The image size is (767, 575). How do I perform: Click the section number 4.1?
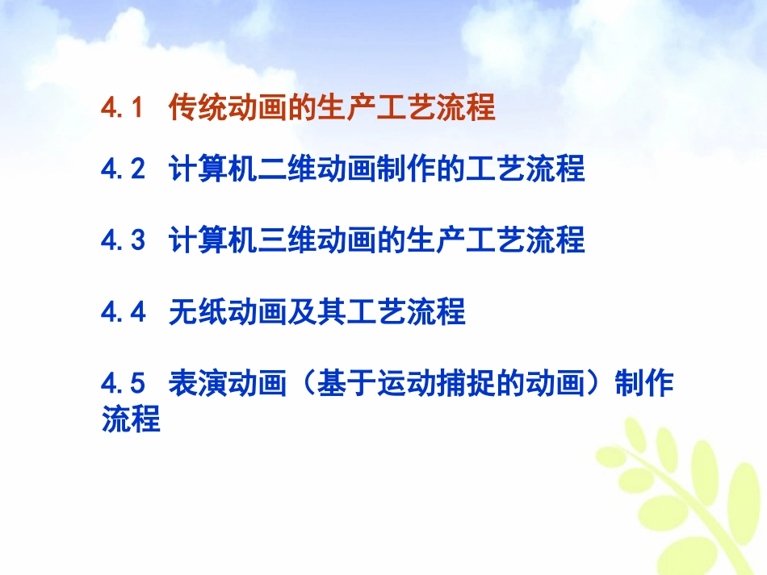pos(123,107)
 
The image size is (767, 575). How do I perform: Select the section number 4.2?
pos(123,169)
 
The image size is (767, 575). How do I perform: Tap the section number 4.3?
pos(123,240)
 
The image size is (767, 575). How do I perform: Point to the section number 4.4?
pos(123,311)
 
